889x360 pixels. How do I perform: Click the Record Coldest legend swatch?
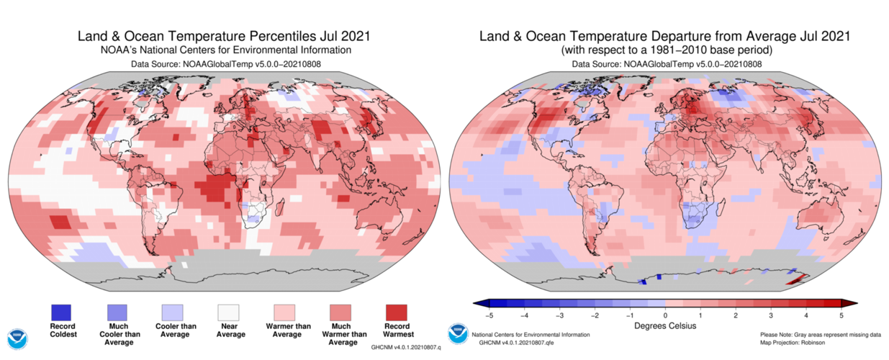coord(61,312)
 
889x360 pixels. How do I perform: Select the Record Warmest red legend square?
coord(396,312)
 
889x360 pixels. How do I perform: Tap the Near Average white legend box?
coord(228,312)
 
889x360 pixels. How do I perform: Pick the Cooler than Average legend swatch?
coord(173,312)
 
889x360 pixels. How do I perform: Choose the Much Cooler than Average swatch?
coord(117,312)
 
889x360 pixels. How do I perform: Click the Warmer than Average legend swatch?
coord(284,312)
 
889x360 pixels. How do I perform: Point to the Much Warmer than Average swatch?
coord(340,312)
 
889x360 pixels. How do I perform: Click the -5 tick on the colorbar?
coord(489,315)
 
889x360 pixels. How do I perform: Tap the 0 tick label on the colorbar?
coord(665,315)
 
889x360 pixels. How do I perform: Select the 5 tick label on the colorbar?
coord(840,315)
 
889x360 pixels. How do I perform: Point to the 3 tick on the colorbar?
coord(770,315)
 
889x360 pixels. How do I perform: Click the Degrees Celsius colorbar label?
coord(664,326)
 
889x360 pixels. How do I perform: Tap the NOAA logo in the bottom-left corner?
coord(17,339)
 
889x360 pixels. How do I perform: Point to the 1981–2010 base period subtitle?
coord(665,50)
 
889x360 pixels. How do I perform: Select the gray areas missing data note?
coord(819,335)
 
